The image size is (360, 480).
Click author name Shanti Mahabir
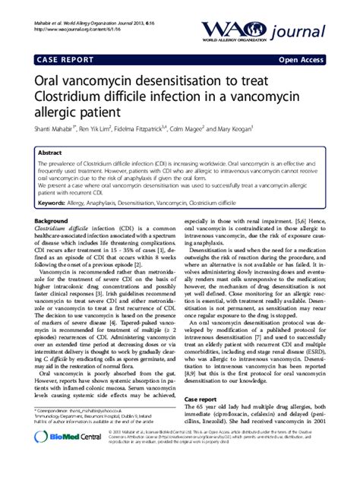point(55,137)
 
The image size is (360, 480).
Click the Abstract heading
point(50,152)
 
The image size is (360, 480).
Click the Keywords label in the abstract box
point(52,204)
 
